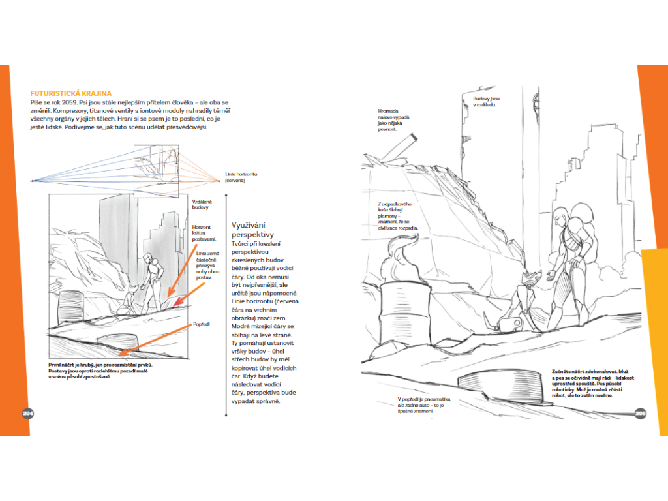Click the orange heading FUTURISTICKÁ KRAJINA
point(71,93)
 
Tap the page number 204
point(28,413)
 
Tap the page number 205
point(640,413)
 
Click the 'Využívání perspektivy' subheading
point(252,230)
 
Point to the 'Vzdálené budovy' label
point(201,205)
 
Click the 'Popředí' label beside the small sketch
point(200,324)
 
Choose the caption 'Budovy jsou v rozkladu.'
point(487,102)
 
